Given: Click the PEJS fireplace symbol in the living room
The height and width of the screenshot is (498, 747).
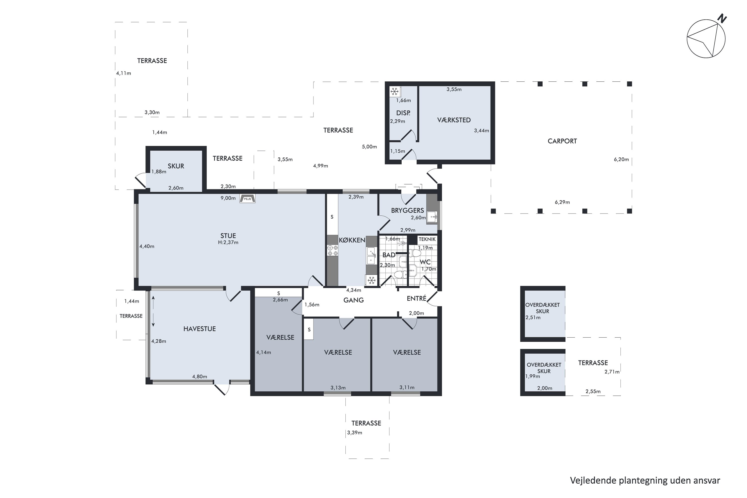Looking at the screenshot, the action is pos(248,198).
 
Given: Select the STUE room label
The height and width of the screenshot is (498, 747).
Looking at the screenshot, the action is pos(228,236).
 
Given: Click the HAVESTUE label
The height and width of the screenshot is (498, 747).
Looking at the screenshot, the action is pos(199,329).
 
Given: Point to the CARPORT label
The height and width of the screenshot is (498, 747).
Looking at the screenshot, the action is pos(562,141).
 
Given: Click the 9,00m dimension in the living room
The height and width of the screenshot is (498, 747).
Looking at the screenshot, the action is pos(228,198).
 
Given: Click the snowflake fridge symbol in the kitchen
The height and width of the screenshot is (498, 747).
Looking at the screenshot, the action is pos(372,280).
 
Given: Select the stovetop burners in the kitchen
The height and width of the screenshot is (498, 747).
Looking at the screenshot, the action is pos(332,250).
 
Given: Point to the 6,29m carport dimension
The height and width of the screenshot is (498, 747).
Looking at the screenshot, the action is pos(562,202).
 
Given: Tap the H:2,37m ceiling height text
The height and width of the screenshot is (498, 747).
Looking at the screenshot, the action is pos(228,242).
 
